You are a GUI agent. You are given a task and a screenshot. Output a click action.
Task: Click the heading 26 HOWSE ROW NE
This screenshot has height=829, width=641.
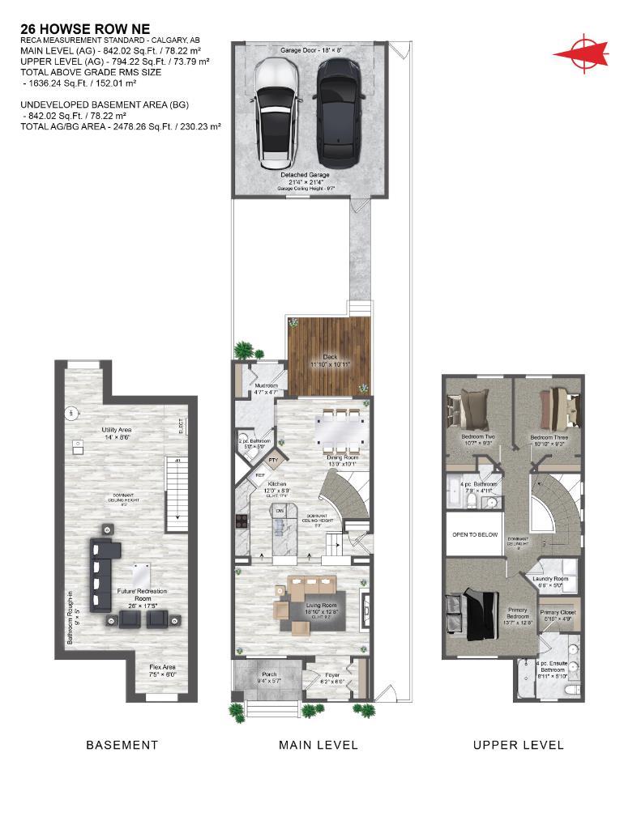[x=74, y=29]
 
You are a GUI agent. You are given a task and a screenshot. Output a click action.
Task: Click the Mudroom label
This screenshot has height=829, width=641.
[x=266, y=385]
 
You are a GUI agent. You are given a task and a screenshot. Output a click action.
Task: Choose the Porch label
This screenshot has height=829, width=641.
[x=268, y=674]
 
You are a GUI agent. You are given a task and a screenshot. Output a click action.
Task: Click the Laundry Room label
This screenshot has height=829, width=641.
[x=550, y=579]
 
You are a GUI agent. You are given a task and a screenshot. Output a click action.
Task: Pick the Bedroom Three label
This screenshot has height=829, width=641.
[x=549, y=437]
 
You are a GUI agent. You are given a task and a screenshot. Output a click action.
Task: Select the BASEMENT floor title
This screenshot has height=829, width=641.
[x=122, y=745]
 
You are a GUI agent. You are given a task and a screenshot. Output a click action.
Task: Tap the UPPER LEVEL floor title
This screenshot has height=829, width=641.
[x=518, y=745]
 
